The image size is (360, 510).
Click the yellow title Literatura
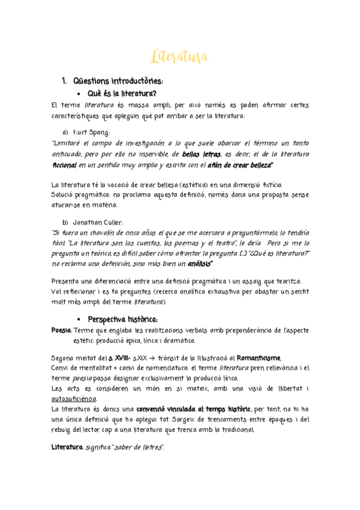pos(180,57)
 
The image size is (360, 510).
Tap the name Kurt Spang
pos(91,132)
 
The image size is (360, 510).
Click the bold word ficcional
pos(65,164)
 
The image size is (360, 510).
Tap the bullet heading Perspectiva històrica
pos(123,319)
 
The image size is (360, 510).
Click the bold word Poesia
pos(62,330)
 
